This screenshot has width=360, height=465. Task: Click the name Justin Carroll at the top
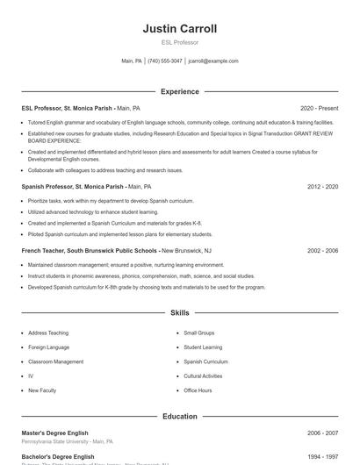tap(179, 29)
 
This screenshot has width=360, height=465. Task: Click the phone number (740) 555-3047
tap(165, 61)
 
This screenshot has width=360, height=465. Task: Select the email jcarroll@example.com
tap(213, 61)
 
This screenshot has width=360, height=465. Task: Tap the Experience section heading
tap(179, 91)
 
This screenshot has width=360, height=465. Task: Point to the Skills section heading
tap(179, 312)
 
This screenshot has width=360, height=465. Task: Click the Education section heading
tap(179, 416)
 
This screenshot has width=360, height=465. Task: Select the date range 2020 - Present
tap(319, 108)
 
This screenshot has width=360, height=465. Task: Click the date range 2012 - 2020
tap(322, 187)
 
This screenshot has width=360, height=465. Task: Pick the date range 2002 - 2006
tap(322, 250)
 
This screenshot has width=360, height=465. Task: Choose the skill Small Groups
tap(198, 333)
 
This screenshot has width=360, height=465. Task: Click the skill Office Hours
tap(198, 390)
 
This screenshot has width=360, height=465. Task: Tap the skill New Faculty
tap(41, 390)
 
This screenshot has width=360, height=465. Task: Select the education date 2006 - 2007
tap(322, 433)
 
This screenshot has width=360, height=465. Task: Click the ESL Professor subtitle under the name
tap(179, 42)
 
